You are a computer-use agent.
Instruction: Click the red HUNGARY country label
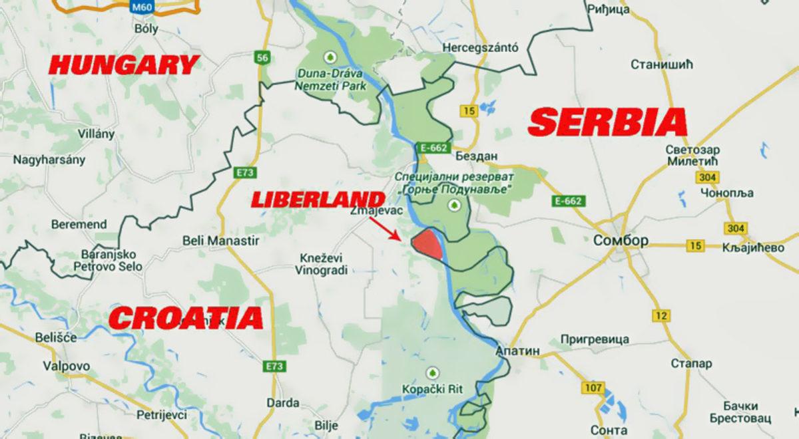pos(124,65)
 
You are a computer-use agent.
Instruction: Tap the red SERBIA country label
pos(607,122)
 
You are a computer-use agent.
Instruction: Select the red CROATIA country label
pos(186,318)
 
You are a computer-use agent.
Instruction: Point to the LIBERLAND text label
pos(317,200)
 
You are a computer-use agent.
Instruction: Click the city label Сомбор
pos(619,240)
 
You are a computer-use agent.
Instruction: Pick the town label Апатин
pos(517,351)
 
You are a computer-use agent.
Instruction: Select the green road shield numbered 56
pos(263,58)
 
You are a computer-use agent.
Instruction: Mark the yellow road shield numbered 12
pos(661,315)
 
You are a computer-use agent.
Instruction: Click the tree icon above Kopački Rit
pos(433,372)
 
